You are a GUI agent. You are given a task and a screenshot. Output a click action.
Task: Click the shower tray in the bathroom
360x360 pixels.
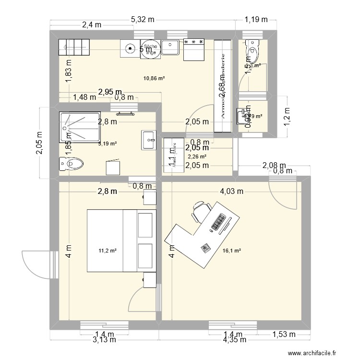77,128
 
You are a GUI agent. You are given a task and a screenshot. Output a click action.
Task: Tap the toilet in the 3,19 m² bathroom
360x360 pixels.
71,165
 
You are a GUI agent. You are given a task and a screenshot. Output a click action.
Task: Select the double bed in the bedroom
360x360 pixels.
120,240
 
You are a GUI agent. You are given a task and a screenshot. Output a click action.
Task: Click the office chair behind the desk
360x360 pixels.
202,212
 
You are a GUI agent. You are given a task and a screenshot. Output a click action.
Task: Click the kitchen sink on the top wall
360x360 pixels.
170,47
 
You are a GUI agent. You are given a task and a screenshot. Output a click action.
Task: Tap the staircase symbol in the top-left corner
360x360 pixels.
74,47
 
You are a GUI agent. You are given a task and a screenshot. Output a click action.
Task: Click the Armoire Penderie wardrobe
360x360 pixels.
222,86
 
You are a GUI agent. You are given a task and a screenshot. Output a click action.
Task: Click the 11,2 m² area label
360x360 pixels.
108,250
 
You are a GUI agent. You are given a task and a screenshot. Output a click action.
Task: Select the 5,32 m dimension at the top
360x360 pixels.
143,20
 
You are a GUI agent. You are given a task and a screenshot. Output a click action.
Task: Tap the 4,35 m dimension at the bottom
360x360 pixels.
234,340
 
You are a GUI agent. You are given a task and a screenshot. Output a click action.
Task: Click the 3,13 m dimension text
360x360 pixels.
104,340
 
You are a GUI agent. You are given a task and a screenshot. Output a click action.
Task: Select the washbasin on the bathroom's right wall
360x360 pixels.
148,140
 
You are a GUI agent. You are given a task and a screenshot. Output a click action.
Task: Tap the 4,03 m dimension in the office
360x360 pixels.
232,192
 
